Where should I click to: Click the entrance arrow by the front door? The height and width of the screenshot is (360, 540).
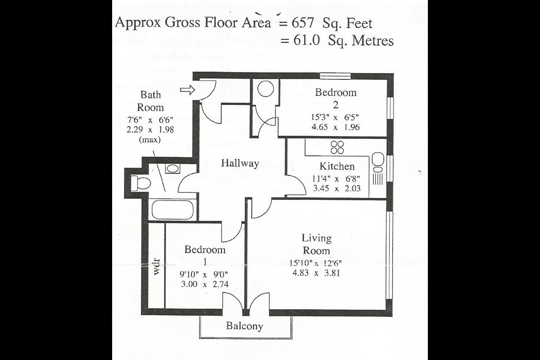pos(187,90)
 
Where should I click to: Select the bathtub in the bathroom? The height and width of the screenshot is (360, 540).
pos(172,210)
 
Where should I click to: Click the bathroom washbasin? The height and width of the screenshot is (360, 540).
pos(172,168)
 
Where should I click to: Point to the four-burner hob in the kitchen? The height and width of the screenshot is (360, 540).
pos(337,147)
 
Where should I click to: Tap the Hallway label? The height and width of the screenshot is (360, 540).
pos(240,163)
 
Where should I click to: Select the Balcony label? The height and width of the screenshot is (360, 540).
pos(244,326)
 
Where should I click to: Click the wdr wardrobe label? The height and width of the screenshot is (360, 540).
pos(157,266)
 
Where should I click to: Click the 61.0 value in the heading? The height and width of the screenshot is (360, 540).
pos(306,40)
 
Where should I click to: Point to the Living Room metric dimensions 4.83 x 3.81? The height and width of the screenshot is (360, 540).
pos(316,273)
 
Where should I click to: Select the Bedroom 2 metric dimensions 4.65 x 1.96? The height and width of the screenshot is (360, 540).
pos(335,127)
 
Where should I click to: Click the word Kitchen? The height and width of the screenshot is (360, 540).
pos(337,166)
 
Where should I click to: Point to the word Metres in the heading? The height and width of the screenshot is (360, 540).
pos(373,40)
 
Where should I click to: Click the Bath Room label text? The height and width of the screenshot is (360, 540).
pos(150,101)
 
